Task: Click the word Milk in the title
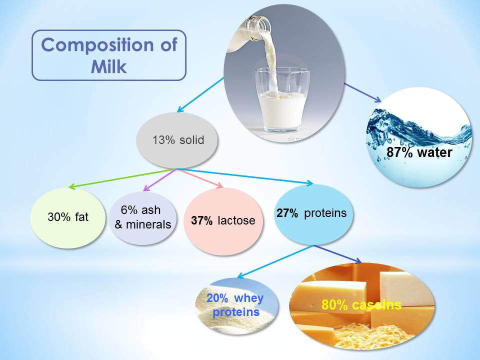tap(108, 66)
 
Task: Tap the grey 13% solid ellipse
tap(177, 140)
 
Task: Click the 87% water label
tap(419, 152)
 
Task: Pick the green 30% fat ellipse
tap(68, 217)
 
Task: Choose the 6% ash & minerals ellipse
tap(142, 217)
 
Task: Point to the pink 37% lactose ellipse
tap(223, 220)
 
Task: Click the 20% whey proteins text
tap(235, 305)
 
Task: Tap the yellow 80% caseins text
tap(361, 305)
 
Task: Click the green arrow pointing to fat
tap(122, 178)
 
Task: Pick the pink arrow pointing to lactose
tap(200, 178)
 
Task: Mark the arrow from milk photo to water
tap(362, 92)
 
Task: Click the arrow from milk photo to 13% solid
tap(200, 94)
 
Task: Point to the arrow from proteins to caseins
tap(338, 254)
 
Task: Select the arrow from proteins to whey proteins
tap(275, 261)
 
